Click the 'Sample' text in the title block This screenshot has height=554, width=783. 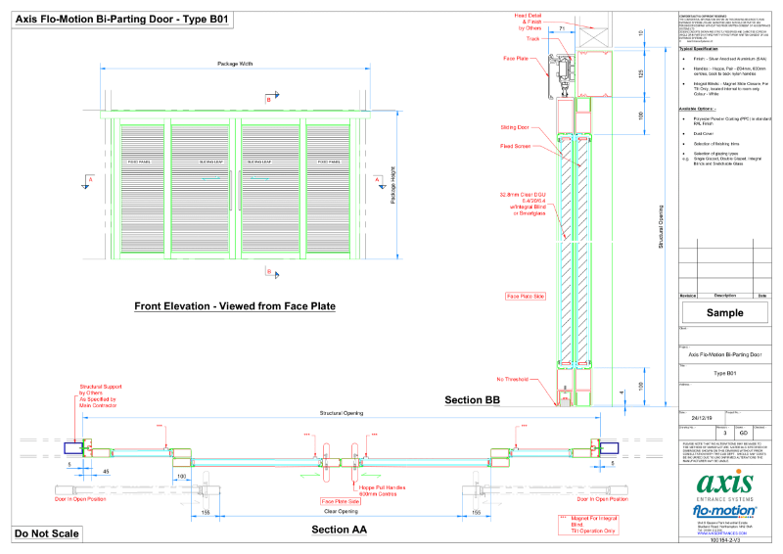[x=725, y=312]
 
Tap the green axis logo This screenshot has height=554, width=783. [x=724, y=485]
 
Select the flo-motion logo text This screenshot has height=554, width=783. [x=724, y=511]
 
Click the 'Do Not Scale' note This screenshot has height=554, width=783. [x=46, y=533]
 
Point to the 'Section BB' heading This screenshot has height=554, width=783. [x=472, y=399]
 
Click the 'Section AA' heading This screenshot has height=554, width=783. [x=339, y=530]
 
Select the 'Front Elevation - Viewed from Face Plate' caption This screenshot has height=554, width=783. [x=235, y=306]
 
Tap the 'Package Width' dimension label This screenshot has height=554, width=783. [x=234, y=65]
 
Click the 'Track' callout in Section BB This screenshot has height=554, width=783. [x=533, y=39]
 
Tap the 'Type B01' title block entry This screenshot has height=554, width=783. [x=724, y=374]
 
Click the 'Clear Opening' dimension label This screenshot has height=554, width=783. [x=341, y=511]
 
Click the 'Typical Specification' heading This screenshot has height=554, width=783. [x=700, y=48]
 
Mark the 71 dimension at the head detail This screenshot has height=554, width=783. [x=564, y=30]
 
